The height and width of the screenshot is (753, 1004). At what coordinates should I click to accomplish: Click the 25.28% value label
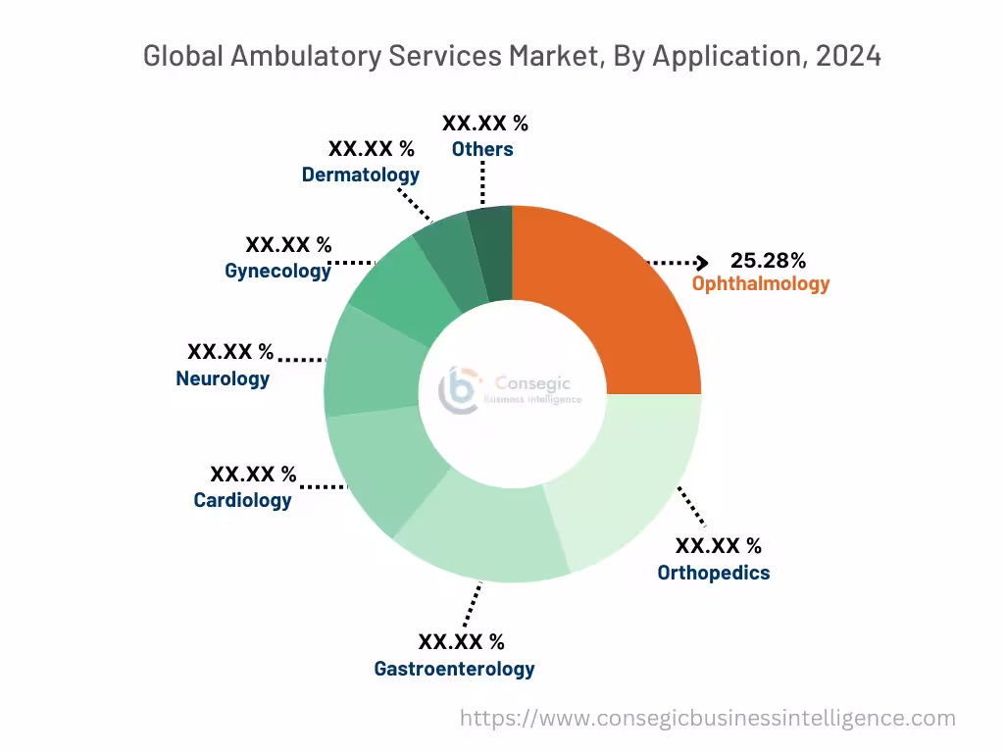tap(768, 261)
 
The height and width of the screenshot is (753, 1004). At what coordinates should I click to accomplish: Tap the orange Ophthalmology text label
tap(761, 284)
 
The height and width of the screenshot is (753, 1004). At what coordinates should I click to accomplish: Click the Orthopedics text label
tap(714, 573)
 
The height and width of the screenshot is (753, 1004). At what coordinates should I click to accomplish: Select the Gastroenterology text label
tap(454, 669)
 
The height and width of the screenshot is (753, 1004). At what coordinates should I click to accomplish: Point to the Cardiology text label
tap(242, 500)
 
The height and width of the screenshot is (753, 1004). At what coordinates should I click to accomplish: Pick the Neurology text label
tap(223, 378)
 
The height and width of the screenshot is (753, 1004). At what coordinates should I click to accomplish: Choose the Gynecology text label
tap(277, 271)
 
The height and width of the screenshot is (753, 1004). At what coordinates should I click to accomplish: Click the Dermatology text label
tap(360, 175)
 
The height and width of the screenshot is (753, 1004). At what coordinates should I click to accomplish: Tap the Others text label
tap(481, 149)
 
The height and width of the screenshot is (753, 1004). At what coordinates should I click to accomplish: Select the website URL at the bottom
tap(707, 719)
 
